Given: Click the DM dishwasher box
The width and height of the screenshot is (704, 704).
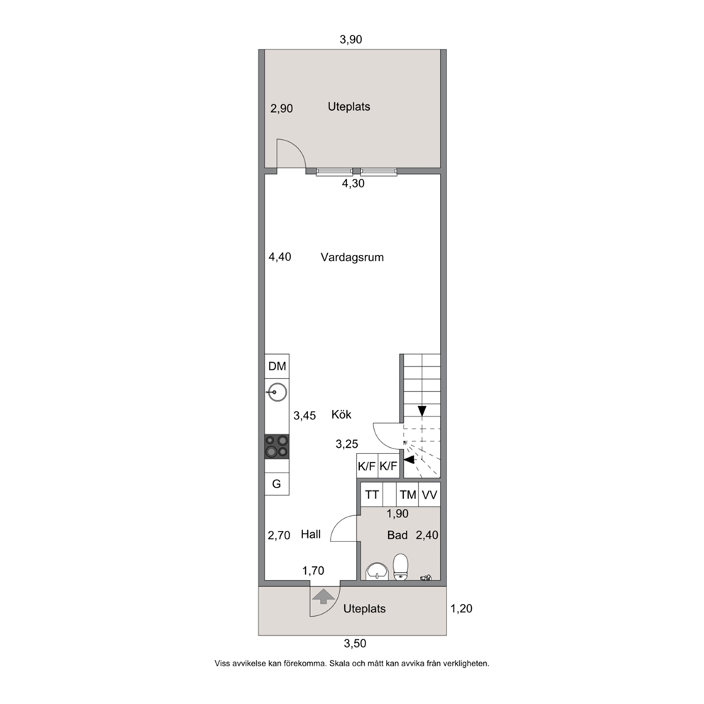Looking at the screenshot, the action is (277, 366).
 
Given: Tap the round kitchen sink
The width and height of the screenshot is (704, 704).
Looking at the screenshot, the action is (277, 392).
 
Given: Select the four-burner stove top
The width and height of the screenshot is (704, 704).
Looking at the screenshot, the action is (277, 446).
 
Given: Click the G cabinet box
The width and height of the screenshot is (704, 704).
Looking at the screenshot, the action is (277, 483).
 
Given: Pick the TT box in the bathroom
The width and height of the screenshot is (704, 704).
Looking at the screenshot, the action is (372, 495).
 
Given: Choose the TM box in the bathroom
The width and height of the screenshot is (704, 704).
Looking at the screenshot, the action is (407, 495).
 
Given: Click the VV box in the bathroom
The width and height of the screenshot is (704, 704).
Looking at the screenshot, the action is (429, 495).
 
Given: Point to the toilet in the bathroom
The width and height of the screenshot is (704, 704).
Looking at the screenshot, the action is (400, 566).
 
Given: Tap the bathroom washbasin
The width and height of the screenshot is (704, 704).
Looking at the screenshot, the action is (377, 571).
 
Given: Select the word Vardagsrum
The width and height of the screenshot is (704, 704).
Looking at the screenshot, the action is (352, 258).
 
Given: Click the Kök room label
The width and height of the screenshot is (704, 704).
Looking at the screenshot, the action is (341, 414).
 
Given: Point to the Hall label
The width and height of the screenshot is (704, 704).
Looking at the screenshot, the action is (311, 534).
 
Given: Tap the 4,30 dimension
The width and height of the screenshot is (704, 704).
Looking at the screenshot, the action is (353, 183).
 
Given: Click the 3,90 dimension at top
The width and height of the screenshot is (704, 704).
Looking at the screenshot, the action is (351, 40).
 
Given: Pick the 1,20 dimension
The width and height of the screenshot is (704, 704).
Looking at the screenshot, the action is (461, 608).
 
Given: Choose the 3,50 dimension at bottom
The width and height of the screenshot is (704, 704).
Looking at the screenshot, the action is (355, 644).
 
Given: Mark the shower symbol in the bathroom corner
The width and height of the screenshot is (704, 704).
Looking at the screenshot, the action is (426, 578).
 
